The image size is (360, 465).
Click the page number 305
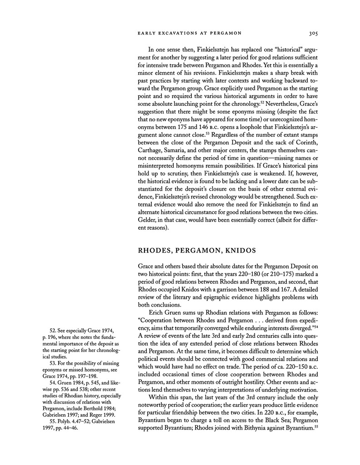click(x=312, y=32)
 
